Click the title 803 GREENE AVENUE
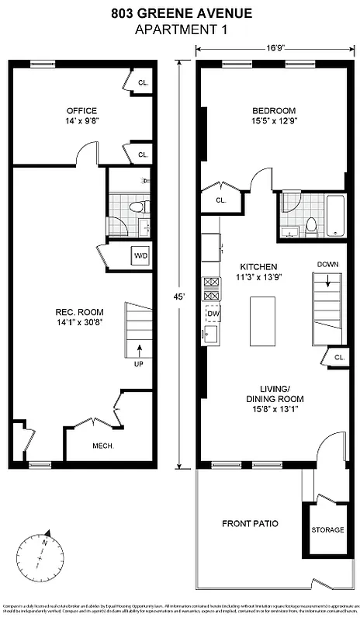(180, 13)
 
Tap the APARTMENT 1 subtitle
(180, 29)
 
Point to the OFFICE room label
(81, 109)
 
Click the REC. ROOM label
(80, 311)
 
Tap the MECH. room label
(103, 446)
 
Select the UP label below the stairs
(140, 363)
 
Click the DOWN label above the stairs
(327, 265)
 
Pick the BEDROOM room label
(275, 109)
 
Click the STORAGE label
(327, 529)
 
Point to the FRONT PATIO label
(250, 522)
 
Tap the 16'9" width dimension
(275, 47)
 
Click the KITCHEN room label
(258, 266)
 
